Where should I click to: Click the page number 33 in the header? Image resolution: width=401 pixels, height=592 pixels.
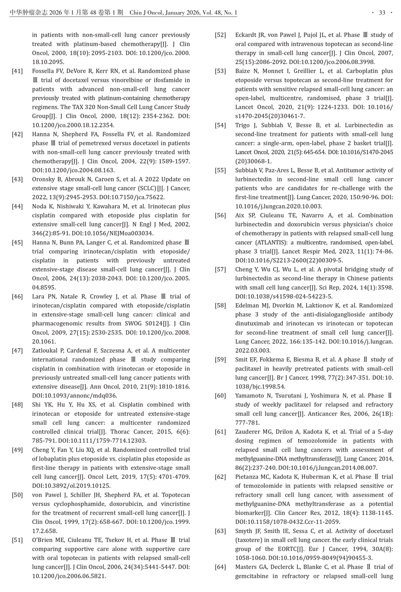382,13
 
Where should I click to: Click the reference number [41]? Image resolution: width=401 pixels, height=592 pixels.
17,71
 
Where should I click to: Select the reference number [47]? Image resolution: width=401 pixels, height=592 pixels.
17,351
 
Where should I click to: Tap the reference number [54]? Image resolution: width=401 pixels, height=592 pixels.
220,125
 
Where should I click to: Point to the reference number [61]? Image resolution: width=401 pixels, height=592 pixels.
220,432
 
